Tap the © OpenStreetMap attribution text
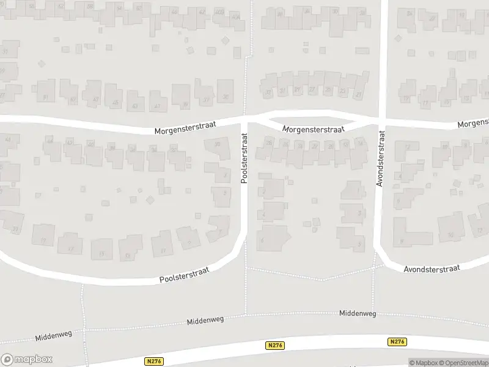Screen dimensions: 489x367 pos(462,363)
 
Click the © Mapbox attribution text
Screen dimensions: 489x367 pos(422,363)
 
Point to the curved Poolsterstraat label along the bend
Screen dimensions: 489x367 pos(184,274)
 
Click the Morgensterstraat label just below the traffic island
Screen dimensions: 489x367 pos(314,129)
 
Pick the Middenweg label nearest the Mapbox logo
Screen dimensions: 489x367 pos(54,336)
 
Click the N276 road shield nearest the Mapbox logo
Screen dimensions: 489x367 pos(154,361)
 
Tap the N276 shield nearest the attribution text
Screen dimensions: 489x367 pos(397,342)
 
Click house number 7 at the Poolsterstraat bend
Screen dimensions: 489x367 pos(218,228)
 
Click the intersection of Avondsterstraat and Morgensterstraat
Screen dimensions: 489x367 pos(380,120)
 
